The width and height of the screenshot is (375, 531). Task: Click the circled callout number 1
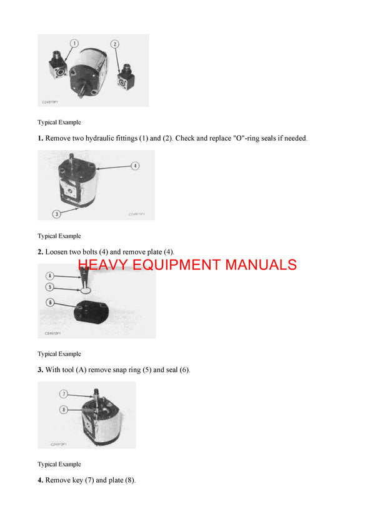tap(74, 44)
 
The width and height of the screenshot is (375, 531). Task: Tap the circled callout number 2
tap(115, 44)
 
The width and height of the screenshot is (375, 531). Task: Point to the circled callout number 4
tap(135, 166)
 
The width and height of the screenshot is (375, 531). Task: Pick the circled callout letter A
tap(50, 275)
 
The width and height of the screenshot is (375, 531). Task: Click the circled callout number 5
tap(50, 287)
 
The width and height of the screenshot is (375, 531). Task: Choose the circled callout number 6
tap(50, 303)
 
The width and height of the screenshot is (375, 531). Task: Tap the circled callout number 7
tap(63, 394)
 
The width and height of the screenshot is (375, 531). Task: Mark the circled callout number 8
tap(63, 410)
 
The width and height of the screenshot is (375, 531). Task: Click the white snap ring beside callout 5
tap(86, 290)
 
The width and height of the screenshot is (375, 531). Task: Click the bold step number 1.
tap(40, 138)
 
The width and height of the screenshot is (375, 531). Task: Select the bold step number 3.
tap(40, 370)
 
